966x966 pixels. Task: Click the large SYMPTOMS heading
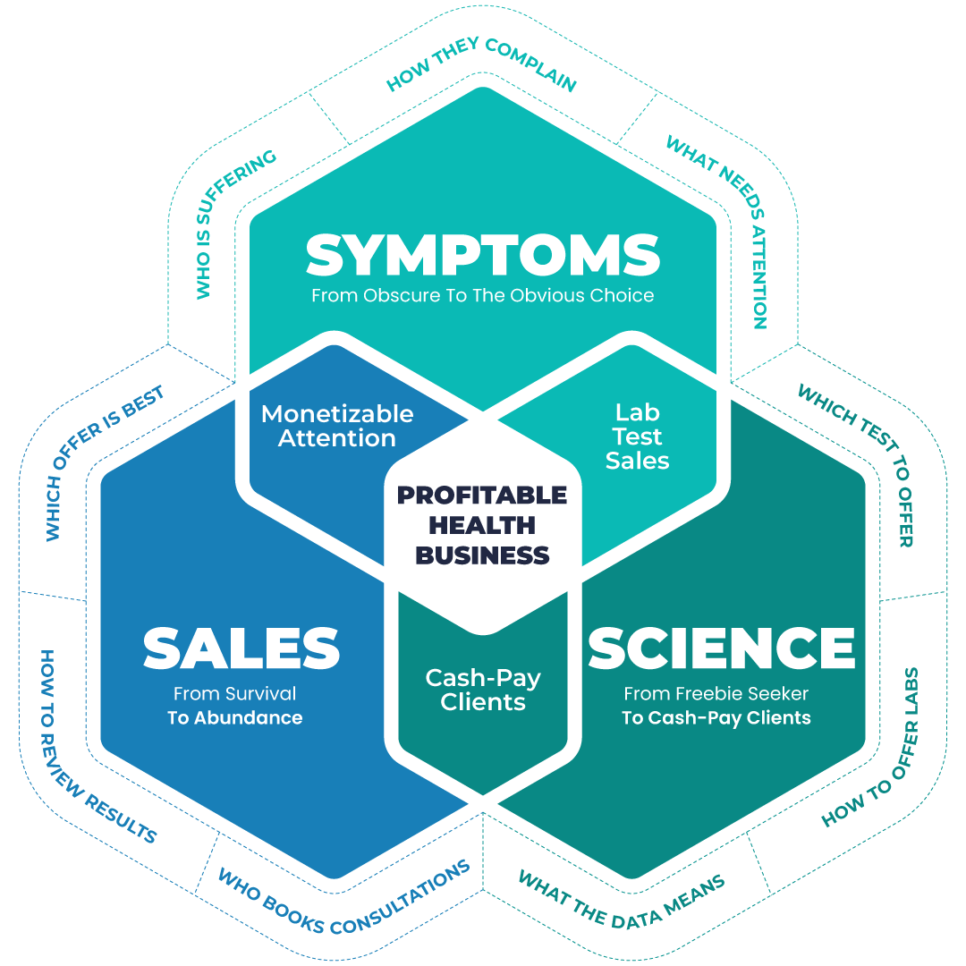tap(483, 256)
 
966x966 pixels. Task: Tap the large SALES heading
tap(241, 648)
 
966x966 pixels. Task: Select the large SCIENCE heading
tap(721, 648)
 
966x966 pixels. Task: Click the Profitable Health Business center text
tap(483, 525)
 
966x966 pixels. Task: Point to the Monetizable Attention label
tap(337, 426)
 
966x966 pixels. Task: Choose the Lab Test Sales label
tap(637, 436)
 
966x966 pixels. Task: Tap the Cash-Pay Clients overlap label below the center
tap(483, 690)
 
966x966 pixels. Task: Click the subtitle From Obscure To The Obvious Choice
tap(483, 295)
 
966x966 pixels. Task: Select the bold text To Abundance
tap(235, 717)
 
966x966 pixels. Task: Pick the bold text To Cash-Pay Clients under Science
tap(716, 717)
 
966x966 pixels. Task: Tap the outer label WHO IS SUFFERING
tap(235, 224)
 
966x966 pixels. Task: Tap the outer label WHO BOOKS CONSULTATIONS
tap(344, 897)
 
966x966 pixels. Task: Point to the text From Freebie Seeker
tap(716, 693)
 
